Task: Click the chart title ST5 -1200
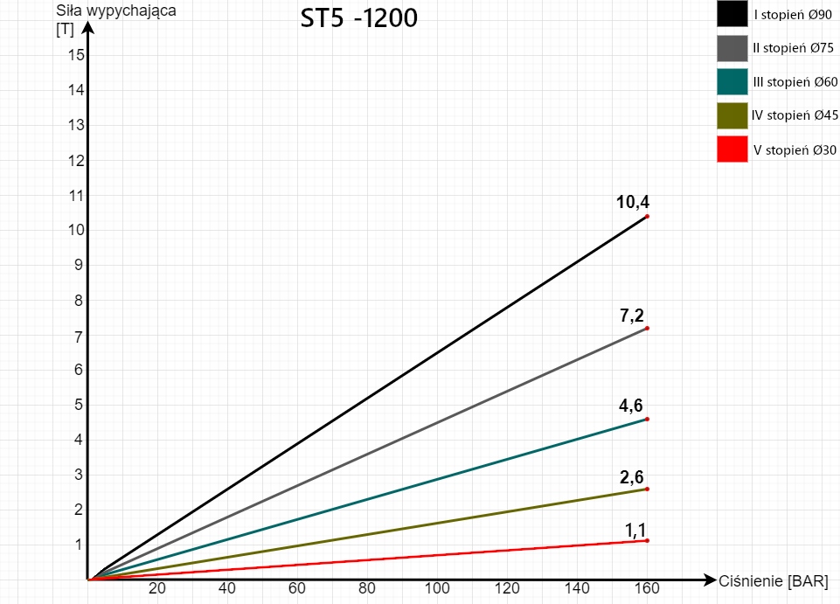coord(355,18)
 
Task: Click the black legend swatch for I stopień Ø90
coord(732,15)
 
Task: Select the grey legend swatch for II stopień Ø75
coord(732,49)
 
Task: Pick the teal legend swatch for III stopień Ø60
coord(732,82)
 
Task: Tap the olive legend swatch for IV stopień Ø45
coord(732,115)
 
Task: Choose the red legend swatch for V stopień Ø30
coord(732,149)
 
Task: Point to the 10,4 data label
coord(632,203)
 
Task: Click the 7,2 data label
coord(632,316)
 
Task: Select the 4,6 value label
coord(632,406)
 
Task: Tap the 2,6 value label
coord(632,476)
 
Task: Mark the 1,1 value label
coord(635,529)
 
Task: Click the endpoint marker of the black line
coord(647,216)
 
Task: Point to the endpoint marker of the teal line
coord(647,419)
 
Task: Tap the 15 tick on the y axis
coord(75,55)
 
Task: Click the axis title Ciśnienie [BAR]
coord(773,581)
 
